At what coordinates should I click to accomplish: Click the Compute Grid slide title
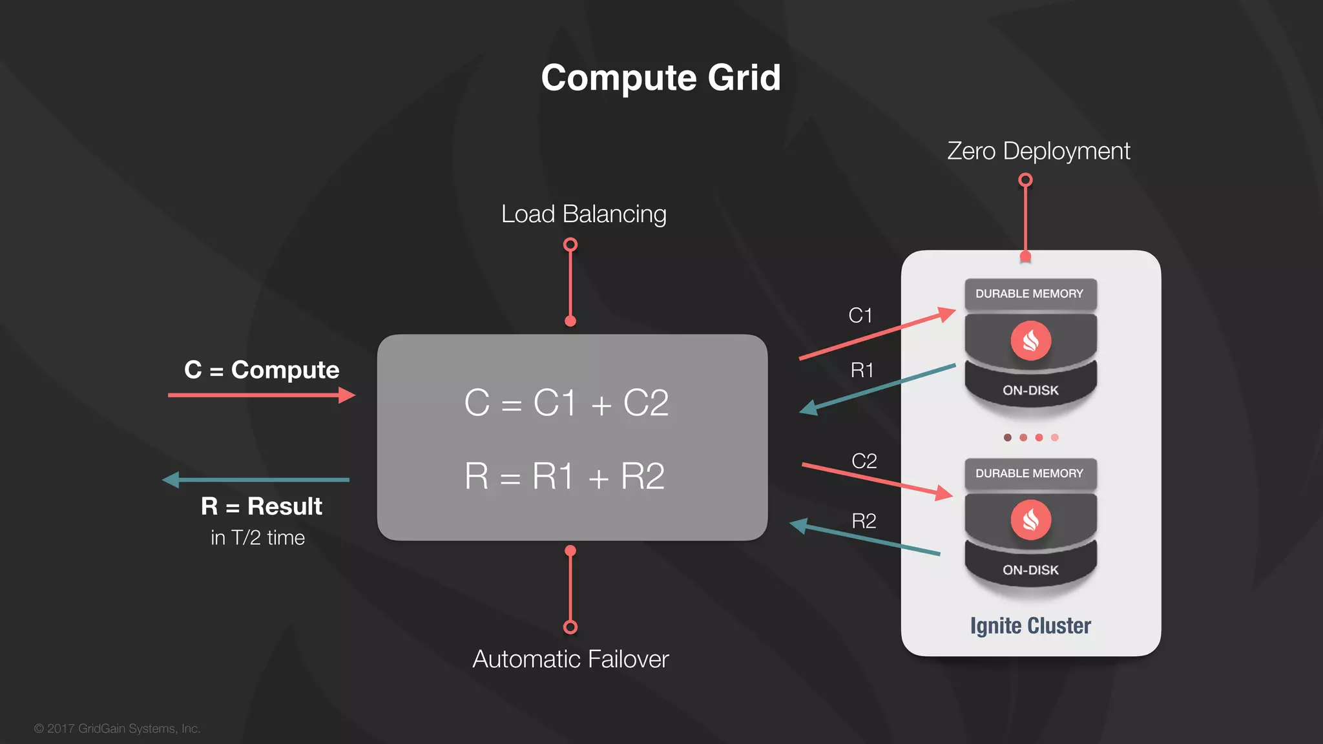tap(661, 77)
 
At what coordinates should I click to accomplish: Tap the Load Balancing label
tap(583, 214)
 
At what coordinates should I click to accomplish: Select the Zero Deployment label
tap(1038, 151)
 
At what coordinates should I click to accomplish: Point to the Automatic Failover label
tap(570, 659)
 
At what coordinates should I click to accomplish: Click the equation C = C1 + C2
tap(567, 403)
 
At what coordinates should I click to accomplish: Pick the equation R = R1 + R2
tap(565, 477)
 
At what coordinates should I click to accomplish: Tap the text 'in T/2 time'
tap(258, 537)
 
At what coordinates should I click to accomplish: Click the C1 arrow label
tap(860, 315)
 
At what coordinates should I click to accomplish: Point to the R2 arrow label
tap(864, 521)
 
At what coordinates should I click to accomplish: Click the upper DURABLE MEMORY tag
tap(1029, 294)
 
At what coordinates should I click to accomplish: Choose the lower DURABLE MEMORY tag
tap(1029, 473)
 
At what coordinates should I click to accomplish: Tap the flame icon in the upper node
tap(1030, 340)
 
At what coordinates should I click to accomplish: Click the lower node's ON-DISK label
tap(1030, 570)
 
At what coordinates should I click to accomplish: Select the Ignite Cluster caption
tap(1030, 626)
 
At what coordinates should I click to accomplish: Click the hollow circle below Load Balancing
tap(570, 245)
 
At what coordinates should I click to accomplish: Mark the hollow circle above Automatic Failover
tap(570, 627)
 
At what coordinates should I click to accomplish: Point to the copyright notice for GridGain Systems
tap(118, 728)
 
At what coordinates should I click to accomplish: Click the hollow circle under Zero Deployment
tap(1025, 180)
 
